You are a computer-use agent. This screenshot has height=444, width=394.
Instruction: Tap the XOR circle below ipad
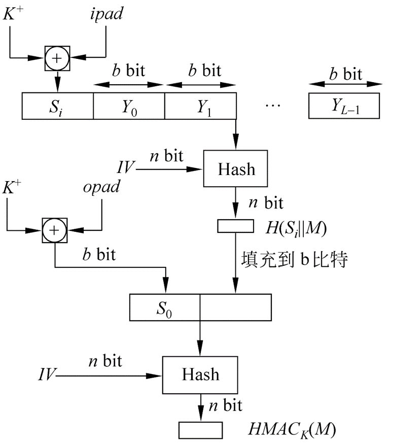pyautogui.click(x=57, y=58)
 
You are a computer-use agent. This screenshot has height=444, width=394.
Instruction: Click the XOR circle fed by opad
pyautogui.click(x=54, y=231)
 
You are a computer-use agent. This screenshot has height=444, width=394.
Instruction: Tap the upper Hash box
pyautogui.click(x=236, y=168)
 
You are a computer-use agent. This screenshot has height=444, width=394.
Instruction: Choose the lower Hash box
pyautogui.click(x=201, y=374)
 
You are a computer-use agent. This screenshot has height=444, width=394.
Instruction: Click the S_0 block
pyautogui.click(x=165, y=308)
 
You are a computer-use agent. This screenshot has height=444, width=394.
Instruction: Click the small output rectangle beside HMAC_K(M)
pyautogui.click(x=201, y=430)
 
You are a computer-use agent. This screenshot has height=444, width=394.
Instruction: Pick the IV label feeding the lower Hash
pyautogui.click(x=47, y=376)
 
